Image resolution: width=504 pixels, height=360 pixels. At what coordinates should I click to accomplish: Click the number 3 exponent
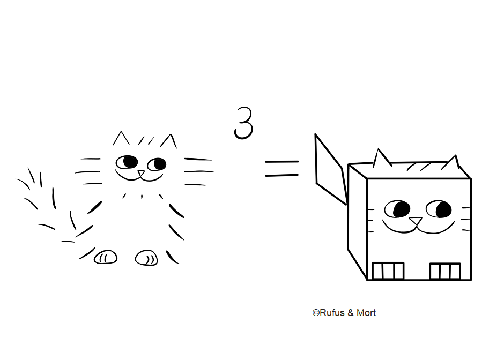coord(244,123)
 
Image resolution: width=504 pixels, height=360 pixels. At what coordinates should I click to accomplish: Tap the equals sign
coord(282,169)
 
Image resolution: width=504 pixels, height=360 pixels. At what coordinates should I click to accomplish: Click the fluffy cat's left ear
coord(121,138)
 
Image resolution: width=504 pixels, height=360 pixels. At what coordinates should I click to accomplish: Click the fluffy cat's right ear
coord(169,141)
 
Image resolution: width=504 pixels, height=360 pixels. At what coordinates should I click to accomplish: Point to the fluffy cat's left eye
coord(127,162)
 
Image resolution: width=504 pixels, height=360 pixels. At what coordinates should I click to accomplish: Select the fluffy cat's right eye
coord(157,164)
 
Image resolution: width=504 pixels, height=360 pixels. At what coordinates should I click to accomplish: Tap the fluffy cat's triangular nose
coord(141,174)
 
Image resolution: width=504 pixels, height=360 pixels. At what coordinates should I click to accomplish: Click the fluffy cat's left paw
coord(106,257)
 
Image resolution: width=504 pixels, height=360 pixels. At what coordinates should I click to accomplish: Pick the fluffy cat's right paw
coord(146,258)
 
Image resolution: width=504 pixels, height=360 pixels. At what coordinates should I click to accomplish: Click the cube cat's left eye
coord(397,209)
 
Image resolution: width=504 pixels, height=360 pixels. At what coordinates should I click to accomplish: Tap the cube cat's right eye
coord(439,209)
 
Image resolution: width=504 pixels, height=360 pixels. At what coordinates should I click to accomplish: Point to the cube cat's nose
coord(416,221)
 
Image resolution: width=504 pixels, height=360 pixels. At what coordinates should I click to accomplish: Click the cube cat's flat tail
coord(331,169)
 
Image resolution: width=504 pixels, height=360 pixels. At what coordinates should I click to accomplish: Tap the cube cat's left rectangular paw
coord(388,271)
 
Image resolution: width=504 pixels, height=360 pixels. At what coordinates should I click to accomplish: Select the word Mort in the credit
coord(366,313)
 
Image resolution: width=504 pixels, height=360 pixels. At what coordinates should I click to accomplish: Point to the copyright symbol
coord(316,313)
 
